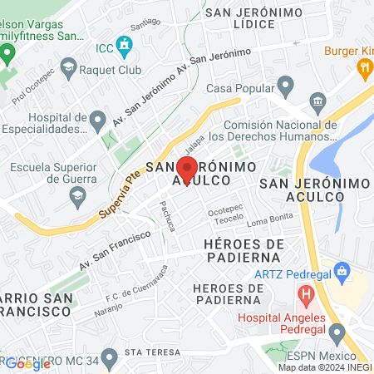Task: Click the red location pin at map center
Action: (187, 168)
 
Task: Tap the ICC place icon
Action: (125, 43)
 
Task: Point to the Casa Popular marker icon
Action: (287, 85)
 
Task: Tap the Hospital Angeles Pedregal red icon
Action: (306, 293)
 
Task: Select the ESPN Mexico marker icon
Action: (337, 334)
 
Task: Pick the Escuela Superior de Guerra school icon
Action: (77, 197)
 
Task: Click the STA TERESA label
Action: (151, 352)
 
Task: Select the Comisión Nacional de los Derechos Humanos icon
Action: (317, 103)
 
